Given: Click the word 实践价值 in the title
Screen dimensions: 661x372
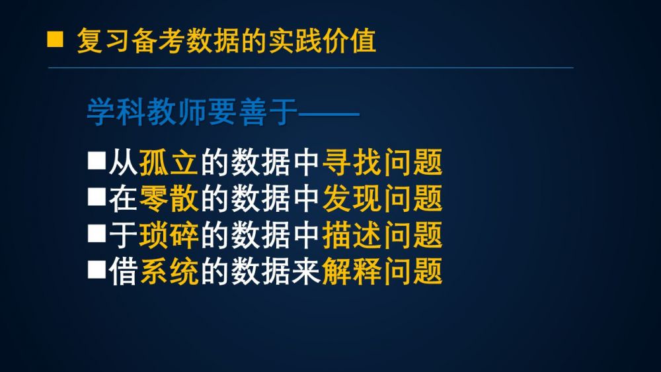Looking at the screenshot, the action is click(322, 41).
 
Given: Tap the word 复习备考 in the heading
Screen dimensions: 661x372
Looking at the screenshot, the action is click(130, 41).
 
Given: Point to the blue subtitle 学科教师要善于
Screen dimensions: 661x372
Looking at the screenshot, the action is click(192, 113).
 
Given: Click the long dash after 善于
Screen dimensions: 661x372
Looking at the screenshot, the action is click(329, 114).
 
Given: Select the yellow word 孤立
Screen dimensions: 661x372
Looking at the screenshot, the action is click(168, 162).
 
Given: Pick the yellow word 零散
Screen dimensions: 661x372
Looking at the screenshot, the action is click(168, 199).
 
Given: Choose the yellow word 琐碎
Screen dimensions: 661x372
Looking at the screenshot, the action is click(168, 235).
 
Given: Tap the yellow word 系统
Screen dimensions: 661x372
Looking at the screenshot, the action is click(168, 271).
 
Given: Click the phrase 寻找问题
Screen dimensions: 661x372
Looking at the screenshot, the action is click(382, 162).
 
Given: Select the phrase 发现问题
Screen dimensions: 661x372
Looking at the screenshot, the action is click(382, 199).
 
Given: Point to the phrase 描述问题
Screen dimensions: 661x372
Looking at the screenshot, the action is click(382, 235).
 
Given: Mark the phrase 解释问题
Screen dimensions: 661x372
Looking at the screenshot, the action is click(382, 271).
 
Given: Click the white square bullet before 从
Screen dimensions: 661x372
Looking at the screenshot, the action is click(97, 161).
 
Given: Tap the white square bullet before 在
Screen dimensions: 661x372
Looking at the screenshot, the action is click(97, 197).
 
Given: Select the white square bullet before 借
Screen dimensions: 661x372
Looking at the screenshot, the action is click(97, 269).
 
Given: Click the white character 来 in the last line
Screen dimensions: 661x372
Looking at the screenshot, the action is click(306, 271).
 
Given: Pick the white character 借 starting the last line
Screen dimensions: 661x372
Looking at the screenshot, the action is click(123, 271).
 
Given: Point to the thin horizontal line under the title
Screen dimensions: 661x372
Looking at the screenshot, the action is click(311, 68).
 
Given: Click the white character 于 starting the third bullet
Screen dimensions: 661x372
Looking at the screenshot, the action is click(123, 235).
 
